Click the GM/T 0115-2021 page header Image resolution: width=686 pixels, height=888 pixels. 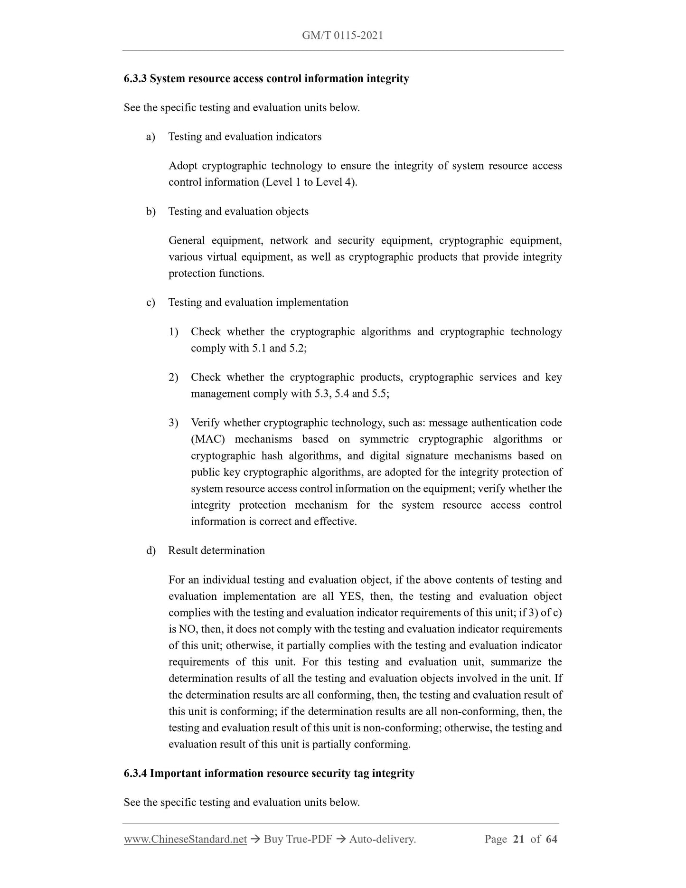tap(342, 35)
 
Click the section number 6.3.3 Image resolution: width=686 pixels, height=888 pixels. tap(136, 78)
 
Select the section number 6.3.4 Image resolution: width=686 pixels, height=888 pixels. tap(136, 773)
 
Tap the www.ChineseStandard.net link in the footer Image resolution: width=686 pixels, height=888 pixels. tap(185, 839)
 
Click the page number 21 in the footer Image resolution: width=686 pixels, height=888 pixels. tap(518, 839)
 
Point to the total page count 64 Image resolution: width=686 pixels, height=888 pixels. tap(551, 839)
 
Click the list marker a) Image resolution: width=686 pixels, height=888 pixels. tap(150, 137)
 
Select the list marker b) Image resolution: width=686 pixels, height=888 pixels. tap(150, 211)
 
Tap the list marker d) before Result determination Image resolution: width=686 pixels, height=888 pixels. tap(150, 550)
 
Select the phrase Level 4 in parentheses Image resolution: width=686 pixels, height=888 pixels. tap(341, 182)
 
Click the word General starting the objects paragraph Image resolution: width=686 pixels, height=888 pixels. tap(187, 241)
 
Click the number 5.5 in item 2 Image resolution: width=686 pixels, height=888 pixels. tap(378, 394)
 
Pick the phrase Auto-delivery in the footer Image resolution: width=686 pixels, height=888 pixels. tap(382, 839)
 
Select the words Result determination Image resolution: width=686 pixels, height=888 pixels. tap(216, 550)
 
